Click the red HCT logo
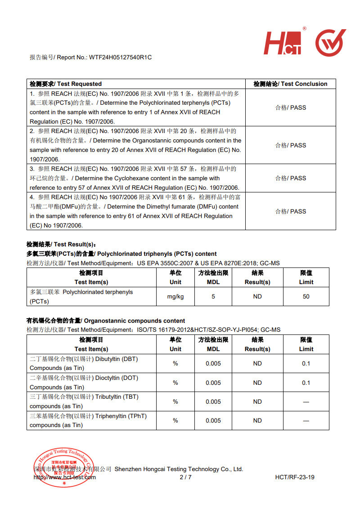pos(283,44)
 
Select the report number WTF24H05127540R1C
pos(121,58)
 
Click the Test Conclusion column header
pos(290,84)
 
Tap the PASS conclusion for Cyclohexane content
pos(291,178)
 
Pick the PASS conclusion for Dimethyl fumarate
pos(291,211)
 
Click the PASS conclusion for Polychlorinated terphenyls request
pos(291,108)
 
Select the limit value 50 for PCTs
pos(306,297)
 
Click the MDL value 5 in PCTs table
pos(213,297)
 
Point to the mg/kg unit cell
pos(175,297)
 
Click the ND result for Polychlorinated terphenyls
pos(257,297)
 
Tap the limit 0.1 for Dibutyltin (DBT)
pos(306,364)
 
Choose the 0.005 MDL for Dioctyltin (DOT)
pos(213,383)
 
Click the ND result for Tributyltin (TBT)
pos(257,402)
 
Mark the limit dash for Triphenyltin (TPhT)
pos(306,421)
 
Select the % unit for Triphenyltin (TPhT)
pos(175,421)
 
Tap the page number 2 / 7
pos(185,477)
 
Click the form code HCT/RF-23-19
pos(295,477)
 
